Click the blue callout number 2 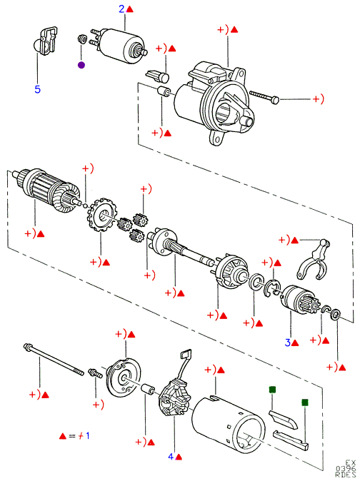(x=122, y=9)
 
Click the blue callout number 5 (x=37, y=89)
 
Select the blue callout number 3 (x=287, y=343)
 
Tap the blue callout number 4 (x=171, y=457)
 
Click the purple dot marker (x=81, y=65)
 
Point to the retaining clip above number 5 (x=46, y=41)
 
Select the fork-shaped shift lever (x=314, y=260)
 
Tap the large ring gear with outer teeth (x=101, y=215)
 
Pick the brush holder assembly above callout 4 (x=174, y=396)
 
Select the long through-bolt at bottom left (x=54, y=359)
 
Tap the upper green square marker (x=272, y=390)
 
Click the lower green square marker (x=305, y=402)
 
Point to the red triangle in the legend (x=63, y=436)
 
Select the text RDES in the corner (x=345, y=475)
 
